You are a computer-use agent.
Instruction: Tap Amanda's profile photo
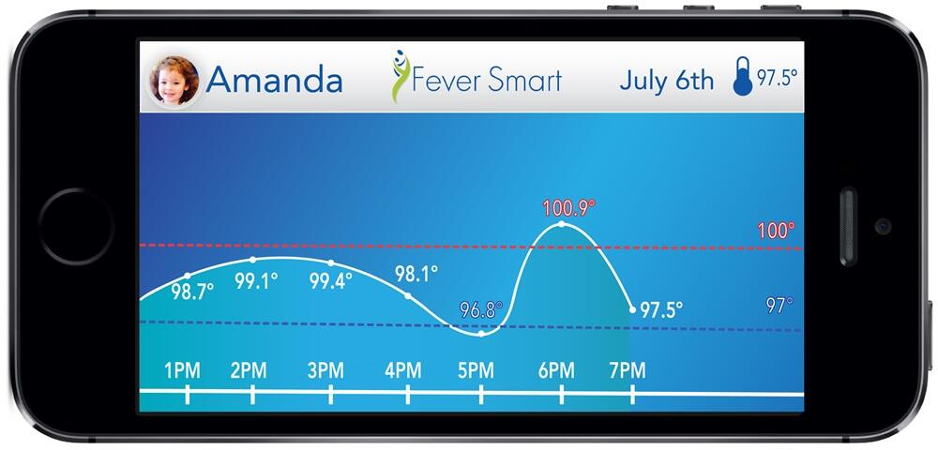pyautogui.click(x=174, y=81)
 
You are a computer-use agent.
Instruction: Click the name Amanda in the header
pyautogui.click(x=274, y=80)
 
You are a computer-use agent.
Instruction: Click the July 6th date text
pyautogui.click(x=666, y=80)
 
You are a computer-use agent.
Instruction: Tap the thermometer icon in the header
pyautogui.click(x=743, y=76)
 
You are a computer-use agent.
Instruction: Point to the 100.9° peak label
pyautogui.click(x=569, y=208)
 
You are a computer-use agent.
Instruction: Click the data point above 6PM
pyautogui.click(x=562, y=224)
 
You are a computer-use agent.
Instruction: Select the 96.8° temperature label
pyautogui.click(x=481, y=310)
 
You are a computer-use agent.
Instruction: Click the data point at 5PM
pyautogui.click(x=481, y=334)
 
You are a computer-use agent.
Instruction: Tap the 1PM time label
pyautogui.click(x=183, y=371)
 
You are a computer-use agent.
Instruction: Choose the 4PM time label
pyautogui.click(x=402, y=371)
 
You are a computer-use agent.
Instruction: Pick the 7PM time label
pyautogui.click(x=628, y=371)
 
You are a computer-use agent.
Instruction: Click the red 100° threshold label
pyautogui.click(x=776, y=231)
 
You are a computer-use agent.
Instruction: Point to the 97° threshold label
pyautogui.click(x=779, y=306)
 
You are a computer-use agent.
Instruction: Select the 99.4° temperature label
pyautogui.click(x=331, y=281)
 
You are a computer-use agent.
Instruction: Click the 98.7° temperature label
pyautogui.click(x=192, y=292)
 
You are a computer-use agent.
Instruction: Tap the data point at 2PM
pyautogui.click(x=252, y=260)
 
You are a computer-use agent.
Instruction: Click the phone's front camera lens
pyautogui.click(x=883, y=226)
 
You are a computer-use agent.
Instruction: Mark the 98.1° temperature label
pyautogui.click(x=416, y=274)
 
